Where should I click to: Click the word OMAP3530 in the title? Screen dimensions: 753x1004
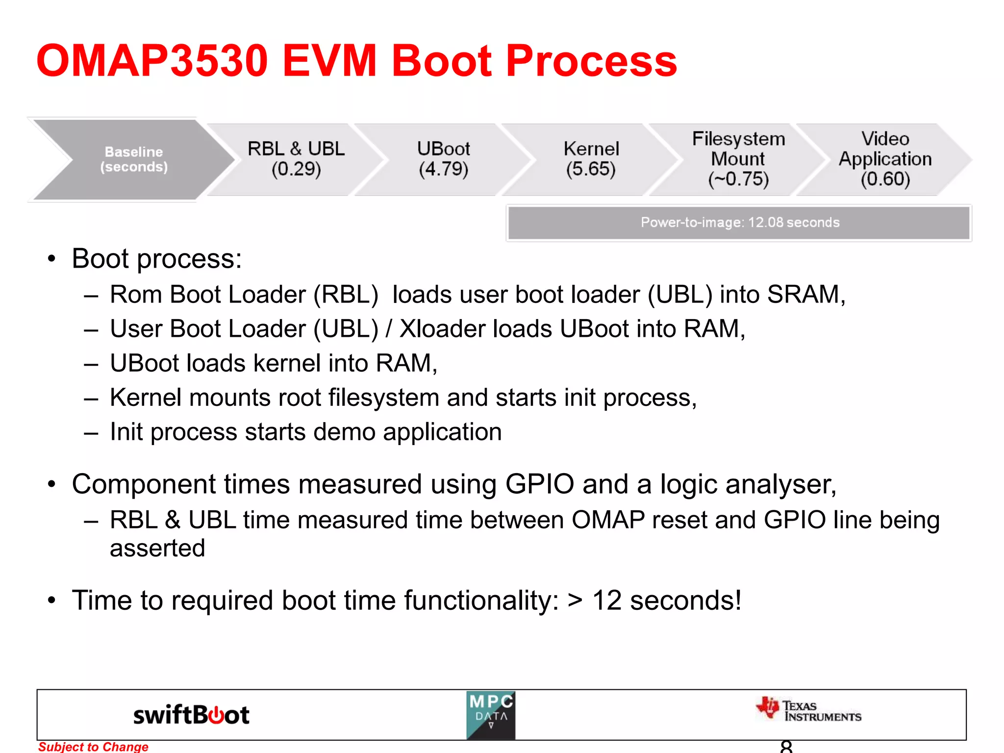click(x=152, y=61)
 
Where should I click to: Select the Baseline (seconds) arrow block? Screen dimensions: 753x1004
click(x=133, y=159)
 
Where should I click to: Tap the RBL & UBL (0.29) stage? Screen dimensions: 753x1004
click(x=296, y=159)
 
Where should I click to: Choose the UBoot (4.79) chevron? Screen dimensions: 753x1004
click(x=443, y=159)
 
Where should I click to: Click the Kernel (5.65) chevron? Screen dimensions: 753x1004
click(x=591, y=159)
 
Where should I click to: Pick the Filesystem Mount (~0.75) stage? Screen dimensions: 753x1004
click(x=738, y=159)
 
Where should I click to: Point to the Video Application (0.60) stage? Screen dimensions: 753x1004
click(x=885, y=159)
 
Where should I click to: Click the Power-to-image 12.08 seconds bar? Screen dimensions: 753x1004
click(x=739, y=223)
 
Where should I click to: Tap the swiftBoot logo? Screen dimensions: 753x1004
click(x=191, y=715)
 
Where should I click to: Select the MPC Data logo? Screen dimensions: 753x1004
click(x=491, y=715)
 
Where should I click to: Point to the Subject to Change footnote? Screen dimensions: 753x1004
click(x=93, y=747)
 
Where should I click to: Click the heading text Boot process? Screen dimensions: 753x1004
click(x=157, y=259)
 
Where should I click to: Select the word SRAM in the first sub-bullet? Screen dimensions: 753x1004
click(x=804, y=295)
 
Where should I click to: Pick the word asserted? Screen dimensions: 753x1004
click(x=157, y=548)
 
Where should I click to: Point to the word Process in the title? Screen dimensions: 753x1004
click(x=591, y=61)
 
